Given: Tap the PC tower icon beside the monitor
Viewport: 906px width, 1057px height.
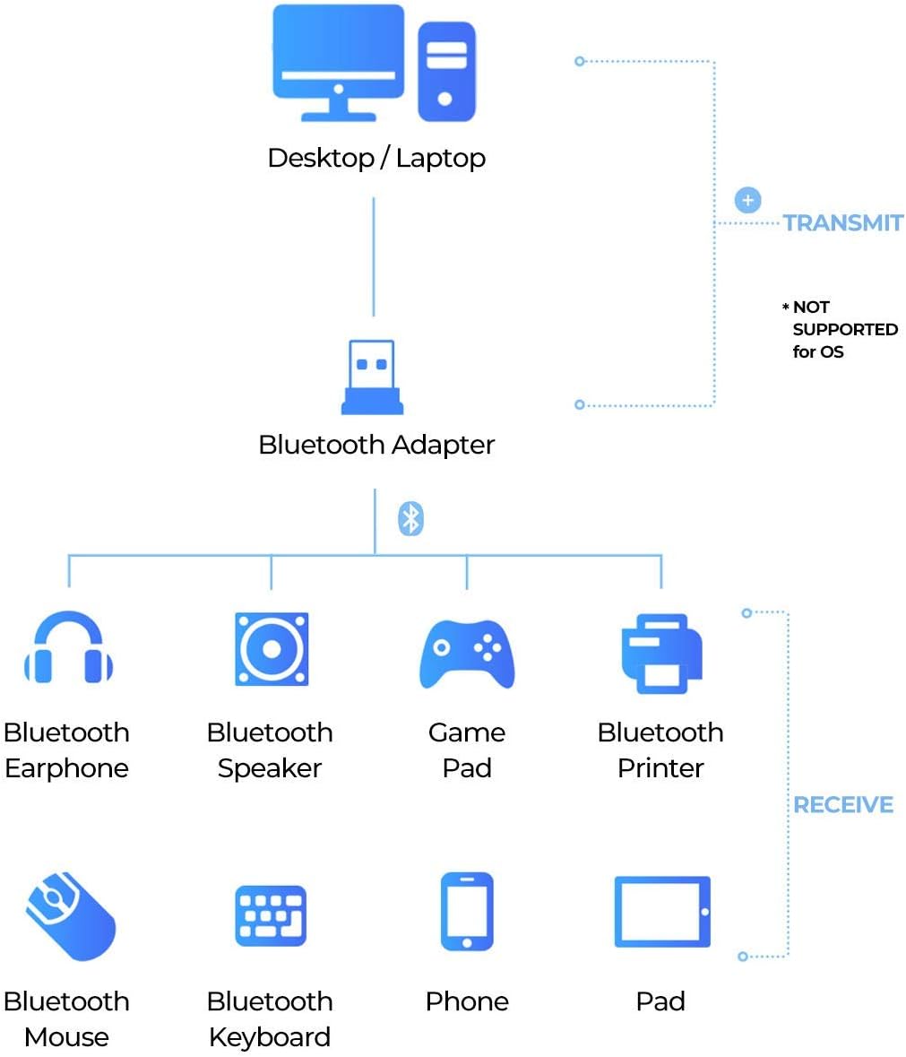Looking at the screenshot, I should [445, 72].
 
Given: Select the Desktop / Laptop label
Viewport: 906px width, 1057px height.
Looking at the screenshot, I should [376, 159].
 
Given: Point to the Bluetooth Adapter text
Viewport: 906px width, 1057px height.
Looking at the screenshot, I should [376, 445].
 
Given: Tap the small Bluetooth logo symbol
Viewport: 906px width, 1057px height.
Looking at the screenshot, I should [410, 518].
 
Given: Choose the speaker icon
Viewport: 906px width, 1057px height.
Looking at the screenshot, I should [272, 649].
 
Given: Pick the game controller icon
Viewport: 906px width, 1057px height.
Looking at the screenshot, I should [467, 654].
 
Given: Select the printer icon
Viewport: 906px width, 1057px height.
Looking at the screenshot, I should [661, 653].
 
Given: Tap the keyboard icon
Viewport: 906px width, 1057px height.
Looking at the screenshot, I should [271, 915].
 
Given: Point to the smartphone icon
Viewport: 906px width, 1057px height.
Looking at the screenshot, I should [467, 911].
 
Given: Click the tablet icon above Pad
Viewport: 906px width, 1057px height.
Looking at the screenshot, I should [662, 912].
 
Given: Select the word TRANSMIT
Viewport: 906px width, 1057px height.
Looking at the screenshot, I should [843, 223].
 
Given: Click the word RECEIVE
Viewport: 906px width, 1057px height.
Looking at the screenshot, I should [843, 805].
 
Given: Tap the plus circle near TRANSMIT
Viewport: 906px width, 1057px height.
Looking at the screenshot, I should [747, 200].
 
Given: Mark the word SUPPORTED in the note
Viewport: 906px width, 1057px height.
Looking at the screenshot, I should [845, 330].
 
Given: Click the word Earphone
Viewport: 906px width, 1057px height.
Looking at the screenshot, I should [66, 768].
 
